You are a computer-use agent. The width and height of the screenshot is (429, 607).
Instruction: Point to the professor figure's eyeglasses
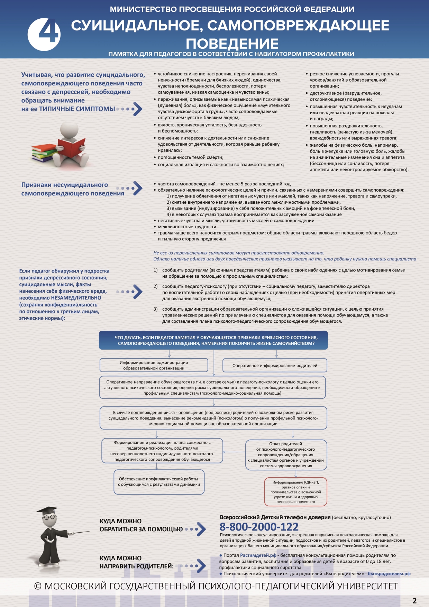(49, 517)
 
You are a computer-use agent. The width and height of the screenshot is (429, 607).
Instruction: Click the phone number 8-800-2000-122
(259, 527)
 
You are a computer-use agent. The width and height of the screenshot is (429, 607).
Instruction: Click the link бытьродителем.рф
(389, 573)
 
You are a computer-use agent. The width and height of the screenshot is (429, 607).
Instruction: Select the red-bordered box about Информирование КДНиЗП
(295, 492)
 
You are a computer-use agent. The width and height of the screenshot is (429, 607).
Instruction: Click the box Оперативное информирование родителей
(275, 366)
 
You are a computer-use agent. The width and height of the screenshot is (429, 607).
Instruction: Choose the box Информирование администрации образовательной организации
(154, 365)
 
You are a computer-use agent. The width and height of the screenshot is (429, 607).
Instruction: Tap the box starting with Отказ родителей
(286, 455)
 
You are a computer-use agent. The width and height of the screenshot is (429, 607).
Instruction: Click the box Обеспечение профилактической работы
(159, 482)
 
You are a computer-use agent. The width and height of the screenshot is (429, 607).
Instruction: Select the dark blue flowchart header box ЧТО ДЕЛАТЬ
(213, 340)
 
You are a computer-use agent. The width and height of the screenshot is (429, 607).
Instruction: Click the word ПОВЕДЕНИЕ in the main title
(232, 44)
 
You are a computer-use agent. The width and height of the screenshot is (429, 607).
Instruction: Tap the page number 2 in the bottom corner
(414, 601)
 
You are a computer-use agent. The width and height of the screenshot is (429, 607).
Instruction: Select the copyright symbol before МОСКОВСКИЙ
(38, 586)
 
